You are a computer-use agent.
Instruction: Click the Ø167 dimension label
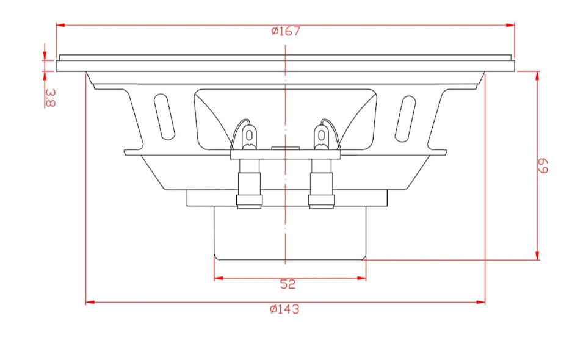tap(286, 31)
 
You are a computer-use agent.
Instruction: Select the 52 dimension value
tap(288, 284)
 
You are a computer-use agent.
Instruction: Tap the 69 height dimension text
tap(543, 165)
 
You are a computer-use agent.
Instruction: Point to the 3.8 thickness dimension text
tap(50, 98)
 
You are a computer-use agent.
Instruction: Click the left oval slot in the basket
tap(165, 115)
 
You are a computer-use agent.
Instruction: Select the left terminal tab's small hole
tap(249, 134)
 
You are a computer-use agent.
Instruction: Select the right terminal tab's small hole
tap(321, 134)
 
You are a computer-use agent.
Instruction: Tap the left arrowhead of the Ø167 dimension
tap(60, 25)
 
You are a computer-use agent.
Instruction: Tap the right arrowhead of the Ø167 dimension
tap(511, 25)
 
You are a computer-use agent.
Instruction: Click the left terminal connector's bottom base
tap(249, 202)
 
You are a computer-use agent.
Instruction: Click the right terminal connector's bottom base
tap(321, 202)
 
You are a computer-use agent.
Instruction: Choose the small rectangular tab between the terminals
tap(285, 147)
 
